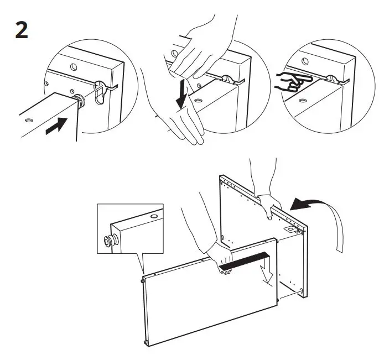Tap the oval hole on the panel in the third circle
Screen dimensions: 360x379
302,101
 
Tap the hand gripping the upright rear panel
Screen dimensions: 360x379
271,205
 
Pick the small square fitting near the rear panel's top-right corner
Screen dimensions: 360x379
289,227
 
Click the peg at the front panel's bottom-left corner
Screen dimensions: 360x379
147,343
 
